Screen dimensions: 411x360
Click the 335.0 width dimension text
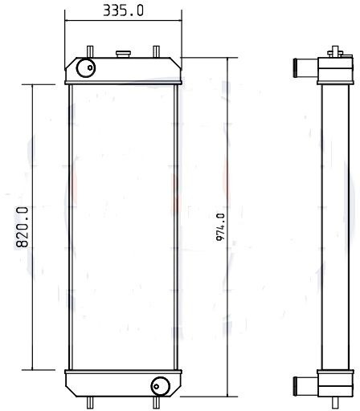(x=124, y=10)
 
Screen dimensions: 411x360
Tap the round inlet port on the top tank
(x=86, y=69)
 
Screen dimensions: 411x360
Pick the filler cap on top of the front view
(x=123, y=55)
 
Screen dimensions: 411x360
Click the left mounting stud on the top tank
(x=90, y=51)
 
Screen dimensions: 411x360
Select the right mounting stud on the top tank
(x=155, y=51)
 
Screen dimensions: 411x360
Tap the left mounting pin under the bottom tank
(x=90, y=402)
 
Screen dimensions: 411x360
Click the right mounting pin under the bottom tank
(x=155, y=402)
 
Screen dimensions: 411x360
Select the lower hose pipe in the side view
(x=304, y=385)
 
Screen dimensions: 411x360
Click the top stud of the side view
(x=330, y=51)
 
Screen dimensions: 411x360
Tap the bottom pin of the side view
(x=330, y=402)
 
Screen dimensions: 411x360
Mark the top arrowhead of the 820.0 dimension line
(x=33, y=87)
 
